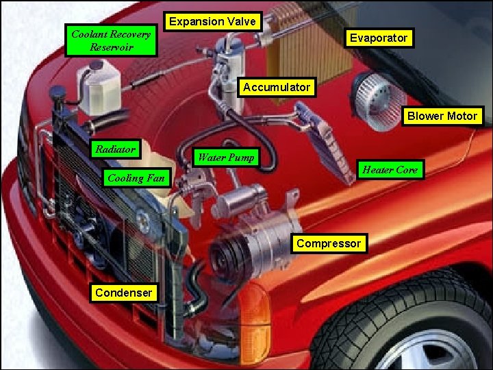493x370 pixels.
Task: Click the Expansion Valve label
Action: (213, 21)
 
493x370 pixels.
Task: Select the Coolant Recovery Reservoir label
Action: (112, 41)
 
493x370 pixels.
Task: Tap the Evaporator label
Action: (378, 38)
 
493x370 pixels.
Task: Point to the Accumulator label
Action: (277, 87)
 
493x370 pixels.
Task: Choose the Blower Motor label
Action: (442, 116)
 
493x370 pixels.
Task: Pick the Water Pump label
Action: (226, 158)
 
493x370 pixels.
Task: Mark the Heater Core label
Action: (390, 170)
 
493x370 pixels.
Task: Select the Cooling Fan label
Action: (136, 178)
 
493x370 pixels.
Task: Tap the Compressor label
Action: (329, 243)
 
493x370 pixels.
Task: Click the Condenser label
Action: (124, 293)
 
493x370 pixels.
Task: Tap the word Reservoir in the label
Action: (112, 48)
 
